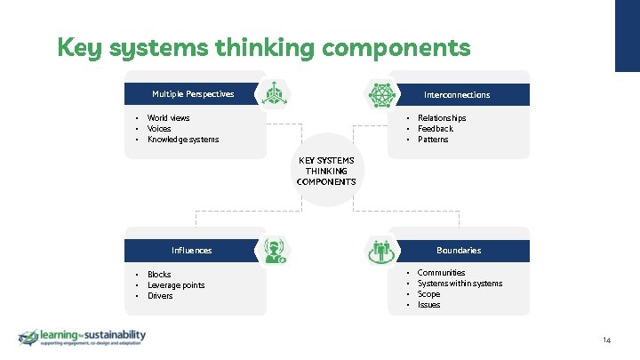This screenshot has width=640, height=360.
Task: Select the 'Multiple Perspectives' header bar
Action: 193,93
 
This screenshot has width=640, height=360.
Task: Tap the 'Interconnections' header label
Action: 456,94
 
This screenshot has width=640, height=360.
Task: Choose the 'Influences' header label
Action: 191,251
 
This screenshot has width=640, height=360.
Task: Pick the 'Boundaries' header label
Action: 459,251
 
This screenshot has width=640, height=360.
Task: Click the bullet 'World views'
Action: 168,118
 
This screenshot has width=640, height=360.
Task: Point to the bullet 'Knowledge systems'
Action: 182,140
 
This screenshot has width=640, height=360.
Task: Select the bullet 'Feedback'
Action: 435,129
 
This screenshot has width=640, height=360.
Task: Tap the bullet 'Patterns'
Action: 433,140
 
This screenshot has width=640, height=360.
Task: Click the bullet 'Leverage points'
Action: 175,285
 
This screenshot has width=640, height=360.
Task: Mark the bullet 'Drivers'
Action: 160,296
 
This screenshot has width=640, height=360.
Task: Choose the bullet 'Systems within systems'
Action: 460,284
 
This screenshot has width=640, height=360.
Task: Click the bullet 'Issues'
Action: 428,305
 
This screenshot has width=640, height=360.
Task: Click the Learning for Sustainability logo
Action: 82,338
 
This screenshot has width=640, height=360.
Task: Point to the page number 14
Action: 606,340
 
